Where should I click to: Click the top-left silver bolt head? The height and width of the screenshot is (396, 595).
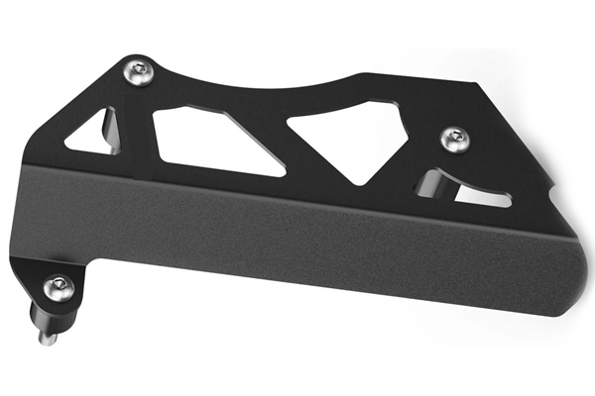coord(139,70)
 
